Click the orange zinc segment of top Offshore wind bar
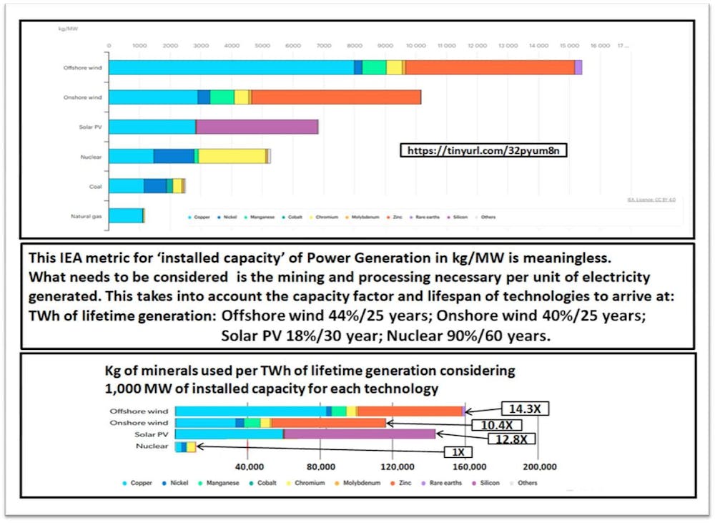click(490, 67)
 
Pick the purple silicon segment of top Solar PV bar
click(257, 127)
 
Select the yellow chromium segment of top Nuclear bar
click(232, 157)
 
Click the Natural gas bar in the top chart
click(126, 216)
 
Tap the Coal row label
click(95, 187)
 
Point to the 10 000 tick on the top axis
click(415, 45)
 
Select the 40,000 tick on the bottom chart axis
click(247, 467)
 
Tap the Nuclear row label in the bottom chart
click(152, 447)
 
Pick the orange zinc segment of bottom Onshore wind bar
click(328, 423)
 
